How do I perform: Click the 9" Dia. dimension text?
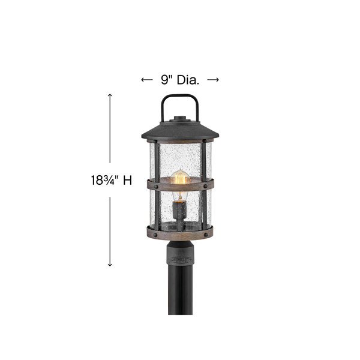pos(180,80)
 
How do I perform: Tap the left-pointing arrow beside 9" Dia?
pos(147,80)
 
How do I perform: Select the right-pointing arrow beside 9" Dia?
pos(213,80)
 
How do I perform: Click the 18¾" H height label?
pos(112,180)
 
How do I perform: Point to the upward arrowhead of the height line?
pos(110,95)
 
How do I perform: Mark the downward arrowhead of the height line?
pos(110,265)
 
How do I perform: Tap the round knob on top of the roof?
pos(180,118)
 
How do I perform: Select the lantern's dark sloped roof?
pos(180,131)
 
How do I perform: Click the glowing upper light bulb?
pos(180,176)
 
